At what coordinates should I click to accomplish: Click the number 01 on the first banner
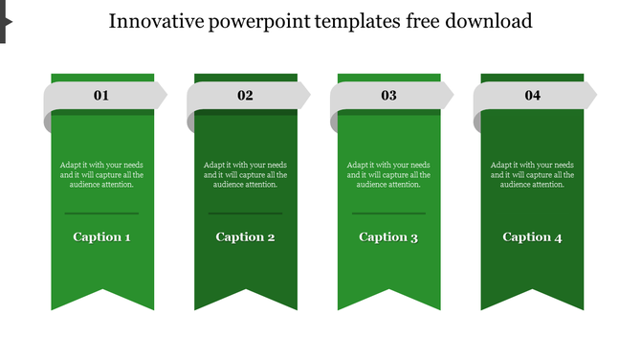[101, 96]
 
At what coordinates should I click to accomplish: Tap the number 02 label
[245, 96]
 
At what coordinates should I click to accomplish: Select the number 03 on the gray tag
[388, 96]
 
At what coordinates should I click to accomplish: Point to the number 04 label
[532, 96]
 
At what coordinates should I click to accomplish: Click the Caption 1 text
[101, 236]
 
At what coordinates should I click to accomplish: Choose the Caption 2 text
[245, 236]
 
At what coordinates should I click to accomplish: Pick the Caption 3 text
[388, 236]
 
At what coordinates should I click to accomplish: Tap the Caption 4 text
[532, 236]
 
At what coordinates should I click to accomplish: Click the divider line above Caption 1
[101, 213]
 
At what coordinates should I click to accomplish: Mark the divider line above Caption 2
[245, 213]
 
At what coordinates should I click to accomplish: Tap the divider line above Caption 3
[388, 213]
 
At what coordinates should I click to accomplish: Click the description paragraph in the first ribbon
[101, 174]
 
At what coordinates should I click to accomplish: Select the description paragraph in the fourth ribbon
[532, 174]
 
